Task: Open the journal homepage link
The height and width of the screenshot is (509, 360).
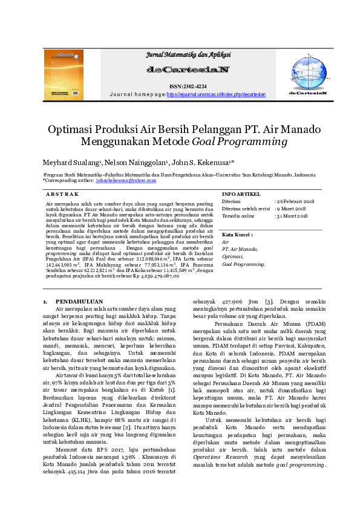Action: coord(216,95)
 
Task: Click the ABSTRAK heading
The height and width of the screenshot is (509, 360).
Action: coord(63,194)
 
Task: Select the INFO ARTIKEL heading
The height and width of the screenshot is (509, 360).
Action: coord(241,194)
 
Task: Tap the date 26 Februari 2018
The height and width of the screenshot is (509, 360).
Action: coord(296,201)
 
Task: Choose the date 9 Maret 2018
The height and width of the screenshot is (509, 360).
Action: coord(292,209)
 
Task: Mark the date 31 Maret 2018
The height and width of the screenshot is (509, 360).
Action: coord(293,216)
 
